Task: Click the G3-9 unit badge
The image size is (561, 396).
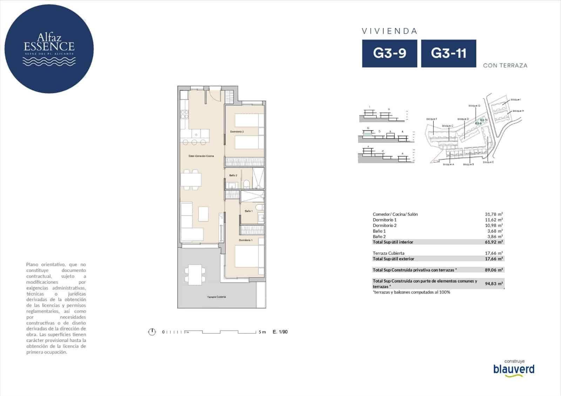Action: click(x=390, y=53)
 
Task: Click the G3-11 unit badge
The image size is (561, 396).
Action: click(x=448, y=53)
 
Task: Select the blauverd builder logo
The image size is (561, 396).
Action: click(x=514, y=369)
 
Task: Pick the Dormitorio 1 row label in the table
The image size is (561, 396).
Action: click(x=385, y=220)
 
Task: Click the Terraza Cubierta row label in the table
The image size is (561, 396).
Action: click(x=388, y=253)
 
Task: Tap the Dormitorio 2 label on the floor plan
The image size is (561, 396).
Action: click(x=237, y=131)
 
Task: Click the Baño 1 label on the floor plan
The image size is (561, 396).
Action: click(x=249, y=211)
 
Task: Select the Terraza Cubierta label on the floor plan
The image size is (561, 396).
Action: click(x=216, y=297)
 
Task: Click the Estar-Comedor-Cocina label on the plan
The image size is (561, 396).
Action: click(x=201, y=156)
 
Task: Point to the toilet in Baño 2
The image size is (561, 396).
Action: click(x=246, y=184)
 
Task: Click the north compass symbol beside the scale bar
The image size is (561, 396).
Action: click(x=152, y=332)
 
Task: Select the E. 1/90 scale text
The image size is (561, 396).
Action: click(x=280, y=332)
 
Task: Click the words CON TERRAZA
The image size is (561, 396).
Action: click(x=505, y=66)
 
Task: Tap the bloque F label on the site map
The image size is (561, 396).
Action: click(x=432, y=119)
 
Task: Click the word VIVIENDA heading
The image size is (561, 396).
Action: click(x=390, y=31)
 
